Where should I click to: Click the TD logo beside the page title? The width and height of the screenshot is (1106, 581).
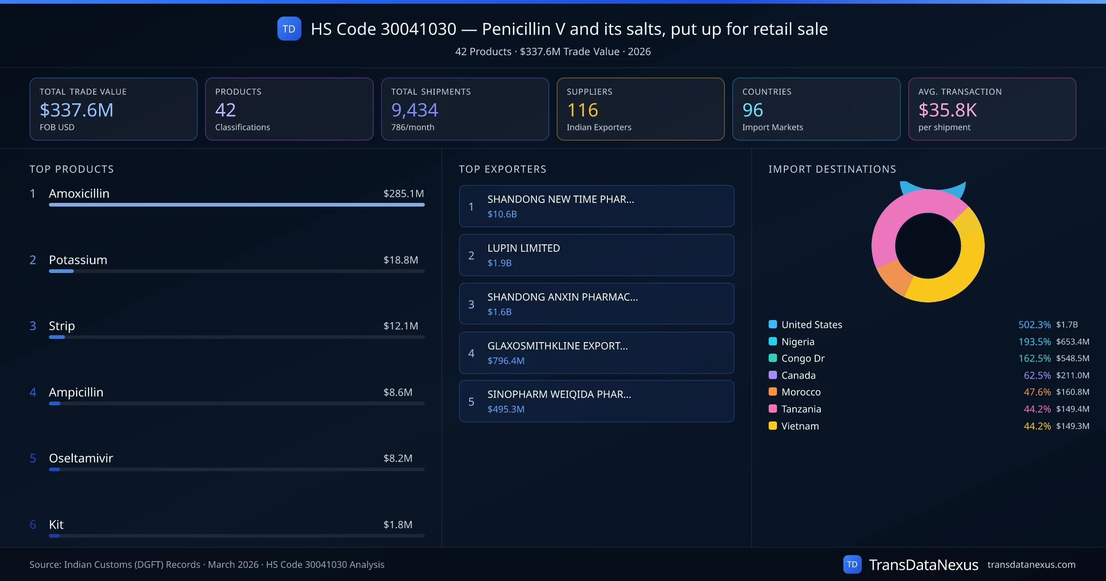coord(289,29)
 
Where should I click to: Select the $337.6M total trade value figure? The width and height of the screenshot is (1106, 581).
coord(76,110)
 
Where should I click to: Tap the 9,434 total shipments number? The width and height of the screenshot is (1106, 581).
coord(414,110)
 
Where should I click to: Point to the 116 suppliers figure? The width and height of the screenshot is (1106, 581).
coord(582,110)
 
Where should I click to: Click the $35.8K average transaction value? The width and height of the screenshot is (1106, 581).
coord(947,110)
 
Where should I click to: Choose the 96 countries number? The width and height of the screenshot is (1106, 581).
coord(753,110)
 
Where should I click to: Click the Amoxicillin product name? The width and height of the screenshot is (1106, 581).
coord(79,194)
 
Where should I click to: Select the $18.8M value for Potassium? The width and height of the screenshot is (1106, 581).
coord(400,260)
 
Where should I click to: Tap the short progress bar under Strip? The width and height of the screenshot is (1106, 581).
coord(57,337)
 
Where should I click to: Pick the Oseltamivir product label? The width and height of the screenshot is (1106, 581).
coord(81,458)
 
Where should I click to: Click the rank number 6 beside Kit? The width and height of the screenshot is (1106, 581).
coord(33,525)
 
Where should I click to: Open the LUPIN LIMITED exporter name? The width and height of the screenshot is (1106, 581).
coord(524,248)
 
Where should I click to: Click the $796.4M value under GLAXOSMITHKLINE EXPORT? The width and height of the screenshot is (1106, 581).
coord(506,361)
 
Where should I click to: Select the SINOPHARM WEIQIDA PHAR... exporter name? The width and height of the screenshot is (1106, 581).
coord(559,394)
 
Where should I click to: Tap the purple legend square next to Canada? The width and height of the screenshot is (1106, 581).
coord(773,375)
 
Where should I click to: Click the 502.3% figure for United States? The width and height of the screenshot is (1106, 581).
coord(1034,325)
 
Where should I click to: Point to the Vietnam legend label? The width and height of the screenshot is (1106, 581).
coord(800,426)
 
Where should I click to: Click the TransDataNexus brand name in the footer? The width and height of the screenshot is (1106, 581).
coord(924,565)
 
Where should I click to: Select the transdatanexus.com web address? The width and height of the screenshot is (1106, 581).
coord(1031,565)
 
